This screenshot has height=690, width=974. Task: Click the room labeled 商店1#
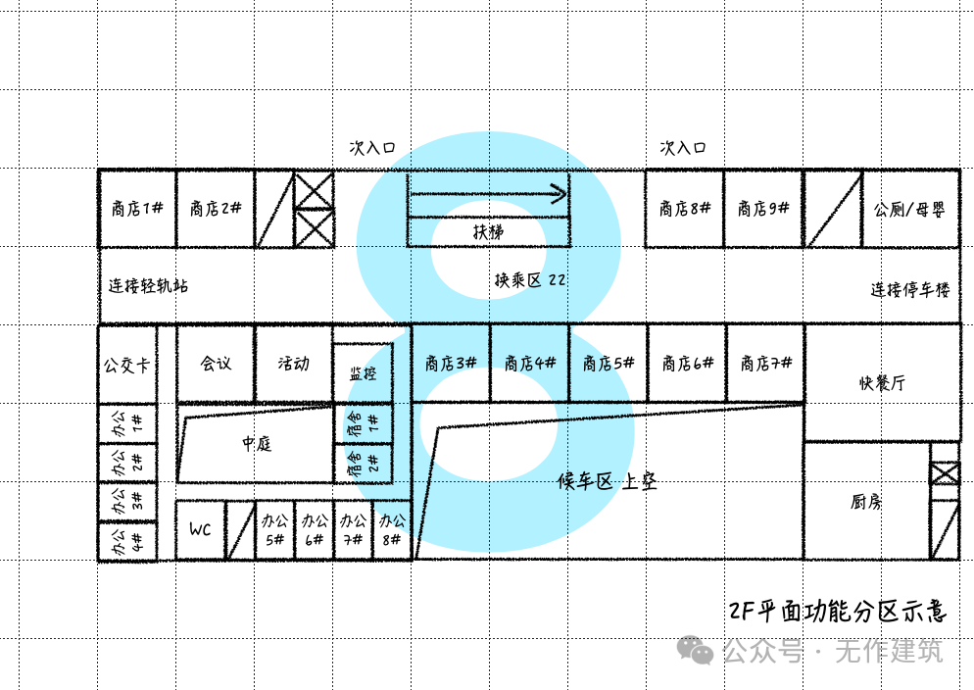(x=137, y=208)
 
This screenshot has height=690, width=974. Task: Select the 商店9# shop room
(x=763, y=208)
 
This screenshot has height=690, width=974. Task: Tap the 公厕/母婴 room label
(x=909, y=210)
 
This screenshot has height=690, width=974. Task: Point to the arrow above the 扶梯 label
(x=488, y=194)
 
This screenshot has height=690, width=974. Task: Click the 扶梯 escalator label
(x=488, y=232)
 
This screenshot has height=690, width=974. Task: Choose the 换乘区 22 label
(x=530, y=280)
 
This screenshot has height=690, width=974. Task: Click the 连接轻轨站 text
(x=149, y=285)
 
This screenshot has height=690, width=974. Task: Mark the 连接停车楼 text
(x=910, y=289)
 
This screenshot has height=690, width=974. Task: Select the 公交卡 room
(x=127, y=364)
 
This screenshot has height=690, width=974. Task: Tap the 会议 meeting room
(x=216, y=364)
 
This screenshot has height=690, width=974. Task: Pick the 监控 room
(x=363, y=373)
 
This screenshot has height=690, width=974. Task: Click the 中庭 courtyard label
(x=257, y=443)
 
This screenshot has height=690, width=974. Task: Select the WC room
(x=200, y=530)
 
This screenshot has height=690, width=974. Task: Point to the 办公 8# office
(x=392, y=530)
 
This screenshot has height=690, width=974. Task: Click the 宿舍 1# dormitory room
(x=363, y=423)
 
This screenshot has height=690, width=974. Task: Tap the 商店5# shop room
(x=609, y=364)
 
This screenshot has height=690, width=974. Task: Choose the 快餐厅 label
(x=882, y=382)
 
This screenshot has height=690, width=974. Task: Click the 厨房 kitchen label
(x=866, y=501)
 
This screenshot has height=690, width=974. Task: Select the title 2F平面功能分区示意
(x=838, y=612)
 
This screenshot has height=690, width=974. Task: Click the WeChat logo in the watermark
(x=695, y=650)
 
